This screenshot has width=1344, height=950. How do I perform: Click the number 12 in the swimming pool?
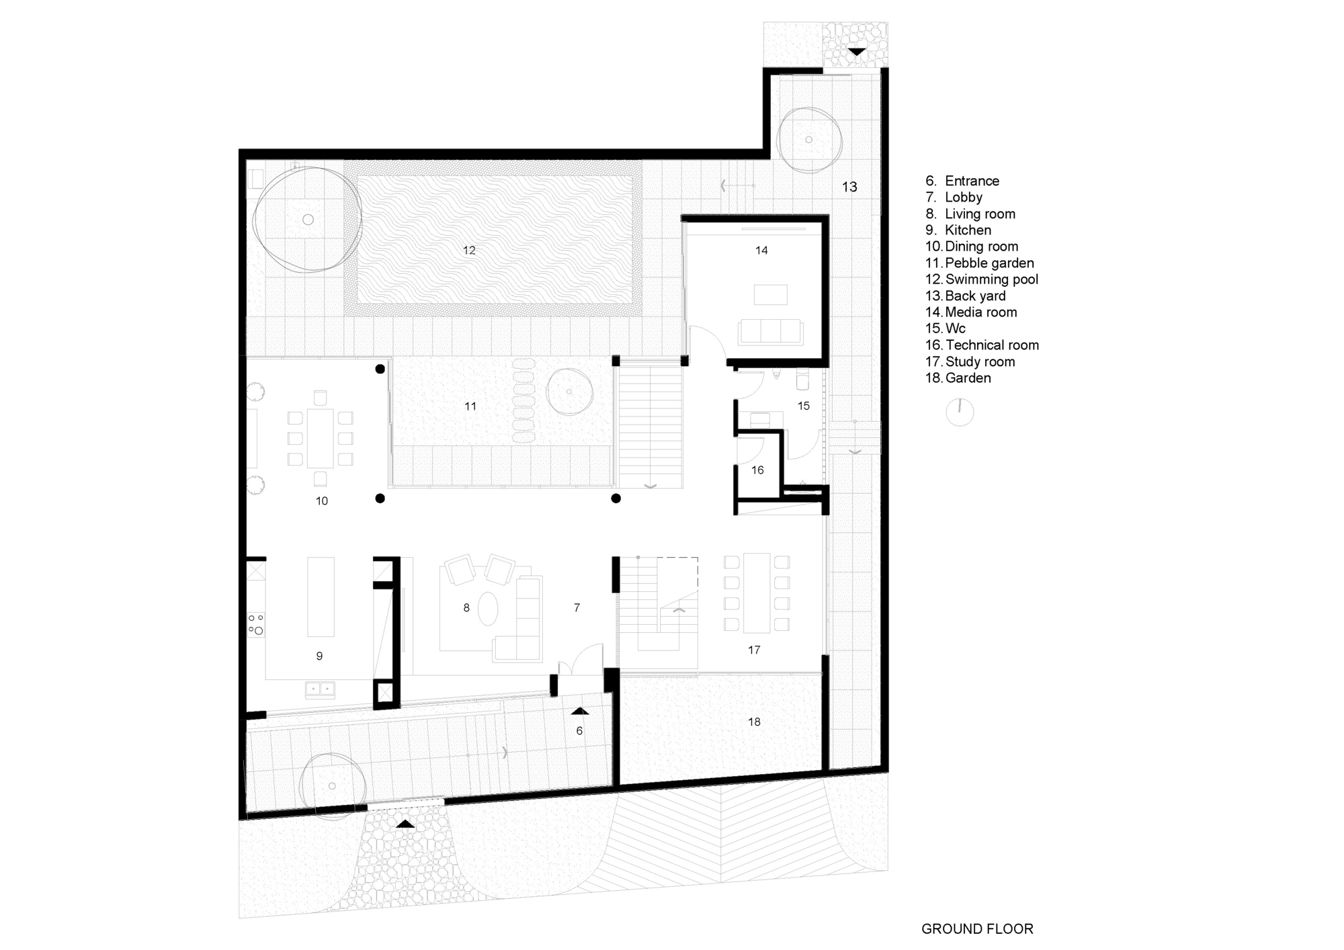pyautogui.click(x=469, y=251)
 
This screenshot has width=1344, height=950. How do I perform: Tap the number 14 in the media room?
pyautogui.click(x=761, y=251)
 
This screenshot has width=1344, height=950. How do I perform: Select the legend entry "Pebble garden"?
pyautogui.click(x=989, y=263)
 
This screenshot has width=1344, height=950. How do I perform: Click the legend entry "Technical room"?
pyautogui.click(x=991, y=345)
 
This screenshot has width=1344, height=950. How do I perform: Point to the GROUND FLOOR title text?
pyautogui.click(x=977, y=929)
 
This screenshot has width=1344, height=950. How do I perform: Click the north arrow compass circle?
pyautogui.click(x=960, y=412)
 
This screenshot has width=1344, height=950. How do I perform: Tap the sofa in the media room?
pyautogui.click(x=770, y=332)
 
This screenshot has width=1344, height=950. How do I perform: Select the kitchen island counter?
pyautogui.click(x=321, y=597)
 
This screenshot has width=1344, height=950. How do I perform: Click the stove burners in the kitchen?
pyautogui.click(x=255, y=623)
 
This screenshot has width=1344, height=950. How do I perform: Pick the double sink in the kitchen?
pyautogui.click(x=320, y=689)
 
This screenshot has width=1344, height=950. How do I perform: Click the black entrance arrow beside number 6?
pyautogui.click(x=580, y=711)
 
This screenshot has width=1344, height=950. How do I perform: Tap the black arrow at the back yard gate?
pyautogui.click(x=856, y=52)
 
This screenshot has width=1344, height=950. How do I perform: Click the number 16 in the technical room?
pyautogui.click(x=757, y=470)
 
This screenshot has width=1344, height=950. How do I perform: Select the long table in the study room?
pyautogui.click(x=756, y=593)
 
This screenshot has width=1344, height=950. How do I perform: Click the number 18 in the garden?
pyautogui.click(x=754, y=722)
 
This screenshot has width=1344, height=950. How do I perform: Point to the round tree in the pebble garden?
pyautogui.click(x=569, y=392)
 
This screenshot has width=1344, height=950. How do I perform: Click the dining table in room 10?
pyautogui.click(x=321, y=439)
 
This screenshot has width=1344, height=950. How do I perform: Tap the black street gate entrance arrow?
pyautogui.click(x=405, y=824)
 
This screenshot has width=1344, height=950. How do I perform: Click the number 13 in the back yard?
pyautogui.click(x=849, y=187)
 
